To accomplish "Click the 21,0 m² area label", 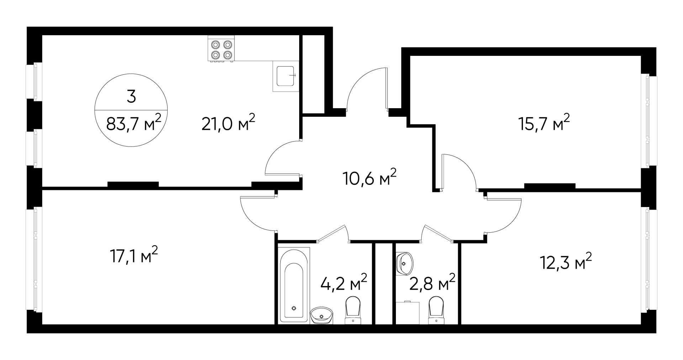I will click(228, 123).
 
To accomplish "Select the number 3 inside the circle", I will click(131, 96).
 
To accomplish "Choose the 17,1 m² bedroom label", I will click(133, 256).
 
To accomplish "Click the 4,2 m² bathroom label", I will click(343, 283).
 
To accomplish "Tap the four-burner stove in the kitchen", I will click(221, 49).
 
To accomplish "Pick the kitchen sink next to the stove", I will click(286, 76).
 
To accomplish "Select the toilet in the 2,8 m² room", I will click(436, 310).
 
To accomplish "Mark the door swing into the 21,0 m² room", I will click(283, 158).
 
